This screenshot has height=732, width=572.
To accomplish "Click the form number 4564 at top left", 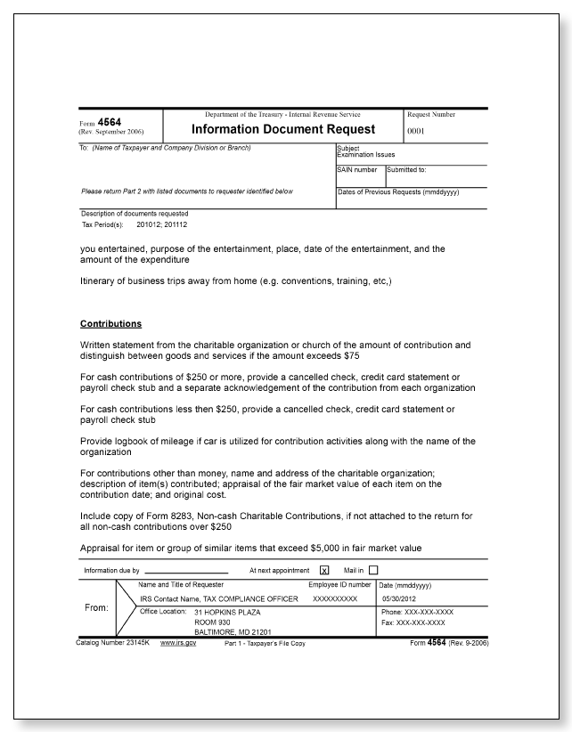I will click(110, 122).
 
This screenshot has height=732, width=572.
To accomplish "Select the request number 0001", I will click(418, 131).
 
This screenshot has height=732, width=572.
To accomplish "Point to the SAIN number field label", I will click(356, 169).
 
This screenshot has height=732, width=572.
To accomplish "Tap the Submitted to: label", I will click(406, 169).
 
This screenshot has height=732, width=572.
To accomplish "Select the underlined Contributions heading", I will click(110, 323).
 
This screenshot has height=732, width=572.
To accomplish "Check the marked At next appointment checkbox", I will click(324, 570).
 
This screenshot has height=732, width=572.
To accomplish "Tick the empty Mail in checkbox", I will click(373, 570).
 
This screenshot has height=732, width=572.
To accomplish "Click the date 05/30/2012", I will click(398, 599).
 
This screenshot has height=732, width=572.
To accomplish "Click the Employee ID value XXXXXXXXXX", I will click(335, 599).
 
